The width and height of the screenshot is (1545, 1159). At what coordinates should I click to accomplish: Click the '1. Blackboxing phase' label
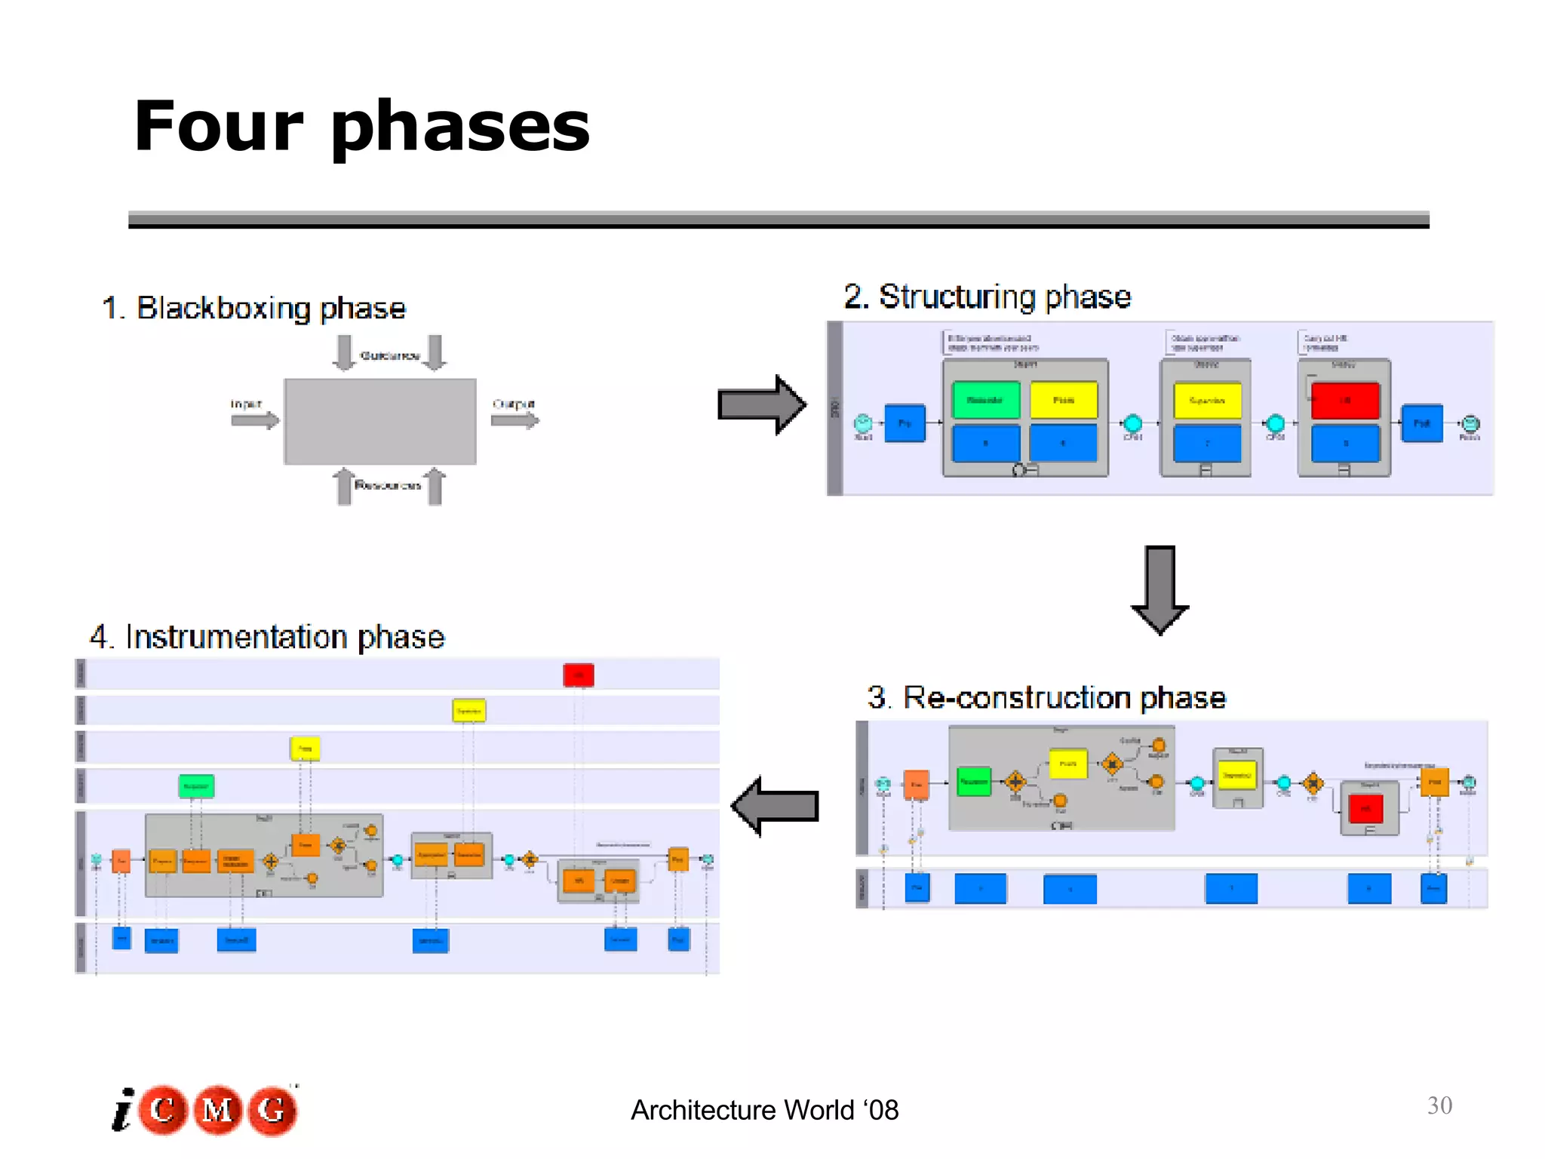pos(254,308)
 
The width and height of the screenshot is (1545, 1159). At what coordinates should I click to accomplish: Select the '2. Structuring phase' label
pos(987,297)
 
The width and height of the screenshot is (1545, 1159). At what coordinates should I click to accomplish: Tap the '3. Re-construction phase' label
pos(1046,697)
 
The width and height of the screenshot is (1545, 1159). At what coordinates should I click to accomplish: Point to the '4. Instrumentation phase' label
pos(267,637)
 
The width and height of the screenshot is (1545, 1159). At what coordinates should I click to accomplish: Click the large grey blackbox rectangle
pos(379,421)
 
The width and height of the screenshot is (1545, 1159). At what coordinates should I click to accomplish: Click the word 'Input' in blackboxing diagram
pos(246,404)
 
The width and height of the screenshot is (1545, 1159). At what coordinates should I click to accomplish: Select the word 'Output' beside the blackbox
pos(513,404)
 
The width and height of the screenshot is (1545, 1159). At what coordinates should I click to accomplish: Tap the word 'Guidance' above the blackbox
pos(389,355)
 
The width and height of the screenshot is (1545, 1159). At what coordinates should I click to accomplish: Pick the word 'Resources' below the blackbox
pos(388,485)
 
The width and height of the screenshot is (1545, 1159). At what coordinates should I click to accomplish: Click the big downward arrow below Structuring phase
pos(1160,589)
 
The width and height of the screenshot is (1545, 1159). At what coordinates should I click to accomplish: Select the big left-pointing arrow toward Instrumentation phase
pos(776,806)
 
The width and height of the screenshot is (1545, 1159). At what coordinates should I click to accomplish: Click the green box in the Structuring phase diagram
pos(985,400)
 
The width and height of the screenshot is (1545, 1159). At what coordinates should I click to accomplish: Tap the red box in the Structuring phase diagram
pos(1344,400)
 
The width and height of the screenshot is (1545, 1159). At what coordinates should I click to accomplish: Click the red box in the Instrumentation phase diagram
pos(579,675)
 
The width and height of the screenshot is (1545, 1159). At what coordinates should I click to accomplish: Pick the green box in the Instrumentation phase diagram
pos(196,786)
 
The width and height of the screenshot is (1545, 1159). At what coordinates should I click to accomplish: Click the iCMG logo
pos(205,1110)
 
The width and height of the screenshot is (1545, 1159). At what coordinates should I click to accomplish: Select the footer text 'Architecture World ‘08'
pos(764,1110)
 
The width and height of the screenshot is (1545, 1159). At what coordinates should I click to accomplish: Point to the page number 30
pos(1439,1105)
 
